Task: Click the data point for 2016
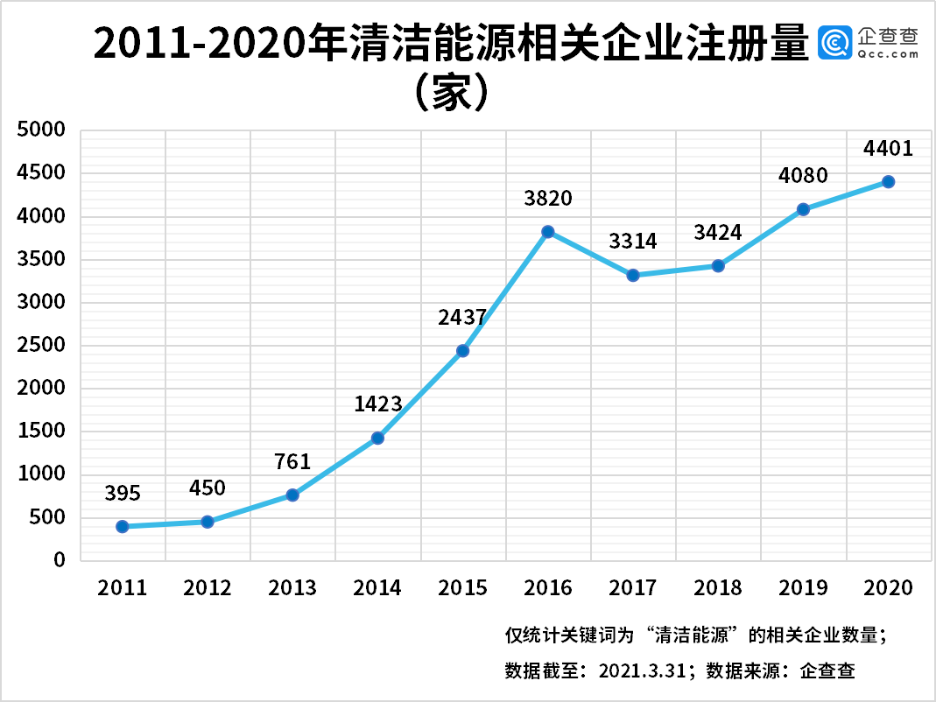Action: [548, 232]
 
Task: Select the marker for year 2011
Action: [123, 526]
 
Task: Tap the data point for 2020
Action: [888, 182]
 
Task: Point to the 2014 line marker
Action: [377, 438]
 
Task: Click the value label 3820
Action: [548, 199]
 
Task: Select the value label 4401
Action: [888, 149]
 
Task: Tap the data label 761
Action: [292, 461]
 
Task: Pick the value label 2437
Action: [462, 318]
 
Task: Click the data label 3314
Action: [633, 242]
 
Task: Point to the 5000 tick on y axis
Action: [42, 130]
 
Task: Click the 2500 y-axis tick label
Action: [42, 345]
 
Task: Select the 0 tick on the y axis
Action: [60, 560]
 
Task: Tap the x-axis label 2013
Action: [292, 587]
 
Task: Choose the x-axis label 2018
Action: [718, 587]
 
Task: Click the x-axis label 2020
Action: [888, 587]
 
